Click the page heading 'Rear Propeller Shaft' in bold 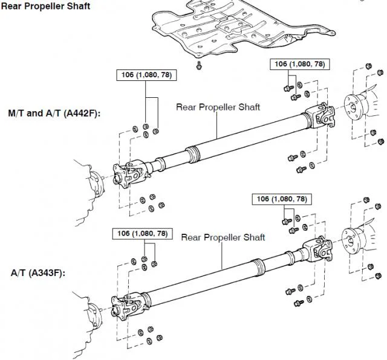[46, 6]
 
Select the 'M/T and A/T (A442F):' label [54, 114]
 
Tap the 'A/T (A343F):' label [38, 273]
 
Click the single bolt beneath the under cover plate [199, 66]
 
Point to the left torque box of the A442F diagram [146, 75]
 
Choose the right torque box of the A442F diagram [300, 65]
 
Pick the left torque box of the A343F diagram [143, 234]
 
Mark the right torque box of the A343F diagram [282, 199]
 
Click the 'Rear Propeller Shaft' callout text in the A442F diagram [218, 107]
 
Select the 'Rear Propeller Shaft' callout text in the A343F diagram [223, 237]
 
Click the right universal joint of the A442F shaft [320, 116]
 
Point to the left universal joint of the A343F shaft [128, 306]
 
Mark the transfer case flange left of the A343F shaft [95, 316]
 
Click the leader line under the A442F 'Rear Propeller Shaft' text [217, 125]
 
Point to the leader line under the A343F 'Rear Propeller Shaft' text [222, 256]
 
